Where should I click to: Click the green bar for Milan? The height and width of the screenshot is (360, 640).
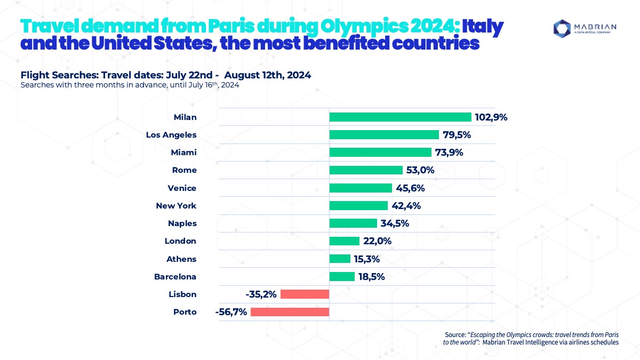400,117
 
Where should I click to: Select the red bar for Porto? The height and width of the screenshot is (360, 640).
290,312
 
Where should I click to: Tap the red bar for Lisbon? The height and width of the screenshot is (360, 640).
305,294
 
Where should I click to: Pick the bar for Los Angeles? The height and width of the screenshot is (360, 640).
384,135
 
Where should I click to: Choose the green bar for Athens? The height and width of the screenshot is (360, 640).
340,259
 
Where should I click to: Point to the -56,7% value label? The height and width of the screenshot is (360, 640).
231,312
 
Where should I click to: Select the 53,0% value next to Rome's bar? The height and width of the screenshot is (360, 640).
421,170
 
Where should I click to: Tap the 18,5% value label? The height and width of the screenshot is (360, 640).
373,277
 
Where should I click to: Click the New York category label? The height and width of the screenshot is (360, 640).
176,205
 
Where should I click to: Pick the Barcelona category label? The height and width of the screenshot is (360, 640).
175,277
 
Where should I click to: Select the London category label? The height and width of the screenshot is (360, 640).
180,241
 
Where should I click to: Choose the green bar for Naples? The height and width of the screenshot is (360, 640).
353,223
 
